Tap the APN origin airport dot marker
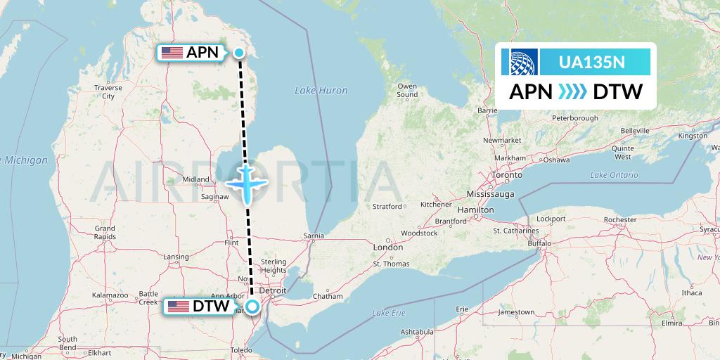click(x=239, y=53)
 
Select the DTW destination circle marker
click(x=252, y=306)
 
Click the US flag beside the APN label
click(x=172, y=53)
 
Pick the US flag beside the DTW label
click(x=178, y=307)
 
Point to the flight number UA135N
click(x=591, y=62)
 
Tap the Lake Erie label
click(x=390, y=311)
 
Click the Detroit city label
click(x=272, y=290)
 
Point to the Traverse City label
click(x=108, y=92)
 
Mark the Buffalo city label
click(x=541, y=243)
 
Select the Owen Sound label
click(x=407, y=91)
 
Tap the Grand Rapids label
click(x=105, y=233)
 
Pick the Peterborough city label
click(x=574, y=118)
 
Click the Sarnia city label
click(x=313, y=236)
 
